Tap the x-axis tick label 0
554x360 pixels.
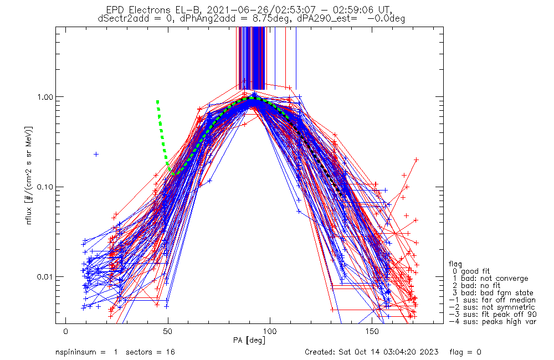65,331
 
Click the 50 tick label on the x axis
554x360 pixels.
167,331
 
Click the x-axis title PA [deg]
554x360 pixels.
249,340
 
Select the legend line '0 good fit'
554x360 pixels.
470,271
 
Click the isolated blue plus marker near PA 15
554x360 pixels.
96,154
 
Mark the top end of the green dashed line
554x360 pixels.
157,101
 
